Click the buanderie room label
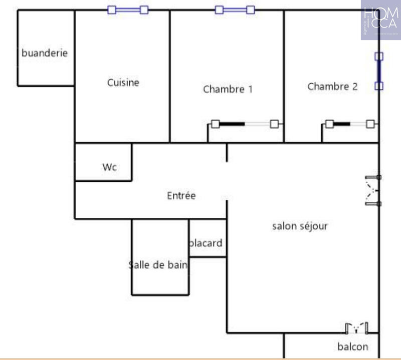(x=44, y=53)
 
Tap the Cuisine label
(x=123, y=83)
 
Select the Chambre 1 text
(x=228, y=89)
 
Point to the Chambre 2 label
(x=332, y=87)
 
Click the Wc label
(x=109, y=167)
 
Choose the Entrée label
(x=181, y=196)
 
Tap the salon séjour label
(x=300, y=226)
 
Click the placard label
(x=206, y=243)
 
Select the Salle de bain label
(x=158, y=265)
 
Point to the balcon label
(x=352, y=346)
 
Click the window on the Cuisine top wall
(x=128, y=10)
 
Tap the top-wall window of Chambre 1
(x=235, y=10)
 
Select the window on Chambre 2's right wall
(x=379, y=71)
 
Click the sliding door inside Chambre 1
(x=245, y=124)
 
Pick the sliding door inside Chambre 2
(x=349, y=124)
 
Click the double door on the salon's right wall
(x=373, y=190)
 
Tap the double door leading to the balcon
(x=357, y=329)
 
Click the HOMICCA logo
(x=380, y=20)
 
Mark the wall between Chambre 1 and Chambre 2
(x=284, y=75)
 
